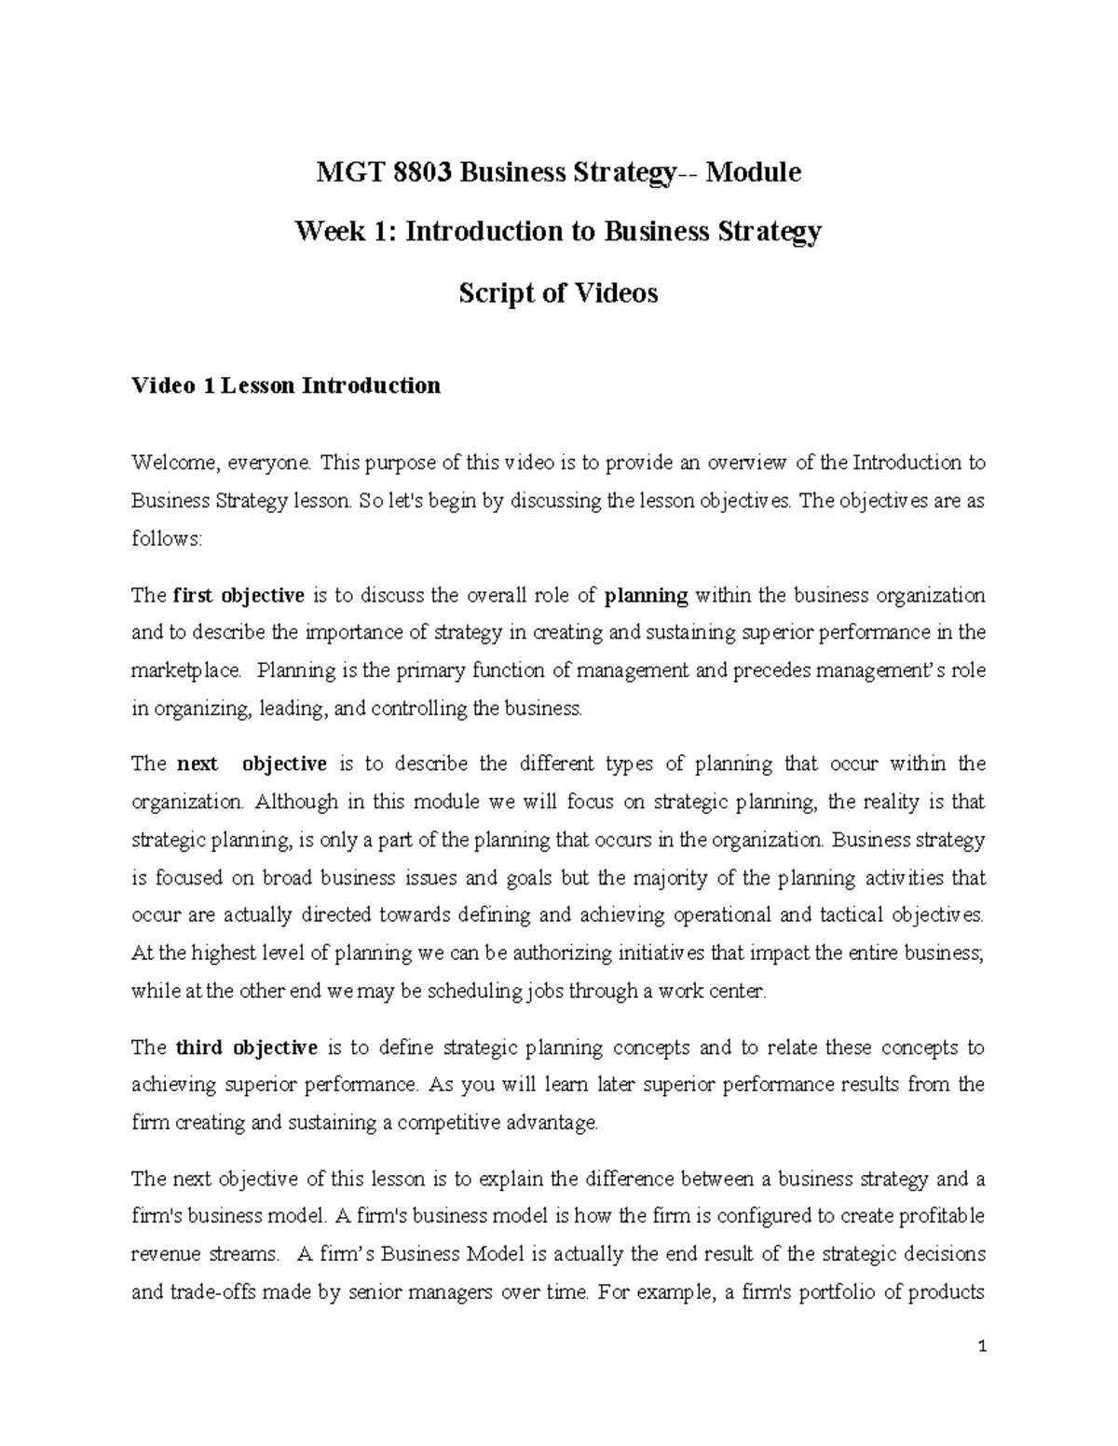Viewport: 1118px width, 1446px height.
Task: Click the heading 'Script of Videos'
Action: (x=558, y=293)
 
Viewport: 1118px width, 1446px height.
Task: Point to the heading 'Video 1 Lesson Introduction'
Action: (x=286, y=385)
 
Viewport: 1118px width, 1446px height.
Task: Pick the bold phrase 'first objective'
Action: (x=239, y=595)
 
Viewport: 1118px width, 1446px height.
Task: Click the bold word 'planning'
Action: (x=647, y=595)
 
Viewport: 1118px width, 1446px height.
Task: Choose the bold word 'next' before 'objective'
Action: (x=197, y=764)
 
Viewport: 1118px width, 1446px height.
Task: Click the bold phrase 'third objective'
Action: (x=247, y=1047)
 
